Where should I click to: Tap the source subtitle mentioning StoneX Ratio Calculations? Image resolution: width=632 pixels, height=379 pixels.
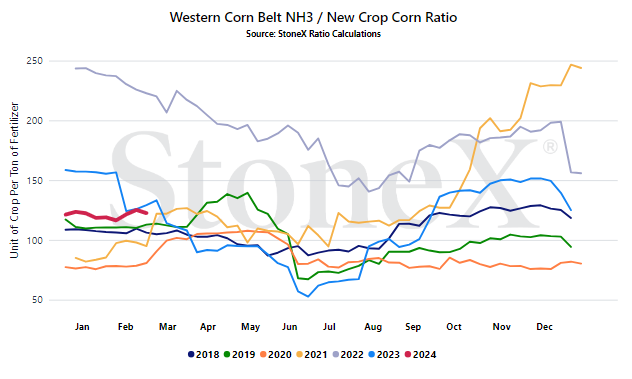[x=313, y=34]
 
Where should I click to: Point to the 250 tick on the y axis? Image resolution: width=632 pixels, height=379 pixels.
[x=34, y=61]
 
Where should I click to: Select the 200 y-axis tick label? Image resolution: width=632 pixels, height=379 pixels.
[x=34, y=121]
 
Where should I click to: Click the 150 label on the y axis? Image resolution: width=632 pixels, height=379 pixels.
[x=34, y=181]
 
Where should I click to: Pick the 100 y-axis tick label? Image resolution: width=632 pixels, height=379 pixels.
[x=34, y=240]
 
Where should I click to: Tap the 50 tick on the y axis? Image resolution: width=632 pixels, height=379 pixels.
[x=37, y=300]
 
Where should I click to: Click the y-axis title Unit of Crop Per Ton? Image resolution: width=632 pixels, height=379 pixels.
[x=14, y=180]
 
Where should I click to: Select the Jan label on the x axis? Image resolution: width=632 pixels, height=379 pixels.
[x=82, y=327]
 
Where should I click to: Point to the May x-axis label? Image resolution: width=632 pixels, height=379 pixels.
[x=250, y=327]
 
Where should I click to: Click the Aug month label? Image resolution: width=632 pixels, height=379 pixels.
[x=373, y=327]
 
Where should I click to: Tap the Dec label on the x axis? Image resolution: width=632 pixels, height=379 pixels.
[x=544, y=327]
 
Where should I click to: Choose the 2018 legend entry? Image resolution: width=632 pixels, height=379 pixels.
[x=204, y=355]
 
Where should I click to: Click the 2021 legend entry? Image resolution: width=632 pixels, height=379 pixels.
[x=312, y=355]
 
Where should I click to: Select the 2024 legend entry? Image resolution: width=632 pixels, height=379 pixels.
[x=420, y=355]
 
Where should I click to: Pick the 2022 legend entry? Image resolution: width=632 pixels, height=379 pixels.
[x=348, y=355]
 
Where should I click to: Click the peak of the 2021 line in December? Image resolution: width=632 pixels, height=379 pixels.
[x=571, y=65]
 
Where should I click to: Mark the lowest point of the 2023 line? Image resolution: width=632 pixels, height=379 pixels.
[x=308, y=296]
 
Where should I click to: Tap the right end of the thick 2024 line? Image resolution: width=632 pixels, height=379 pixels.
[x=147, y=213]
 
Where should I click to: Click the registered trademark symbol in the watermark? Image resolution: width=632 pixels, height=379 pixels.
[x=550, y=147]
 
